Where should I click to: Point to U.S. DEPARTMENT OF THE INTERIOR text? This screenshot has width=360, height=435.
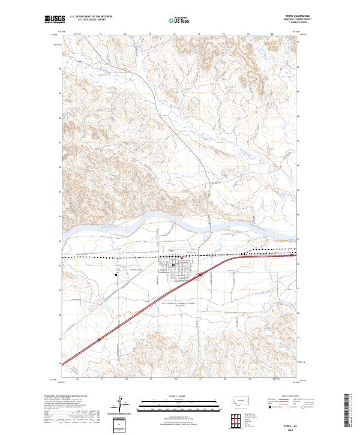91,17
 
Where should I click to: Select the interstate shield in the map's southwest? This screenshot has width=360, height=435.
100,339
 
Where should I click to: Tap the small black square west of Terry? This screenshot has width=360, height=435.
116,275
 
